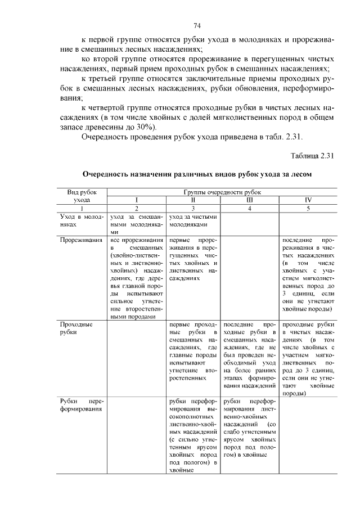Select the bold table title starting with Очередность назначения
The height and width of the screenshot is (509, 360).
click(197, 175)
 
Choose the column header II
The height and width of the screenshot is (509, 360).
click(193, 200)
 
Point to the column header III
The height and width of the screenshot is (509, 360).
click(250, 200)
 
